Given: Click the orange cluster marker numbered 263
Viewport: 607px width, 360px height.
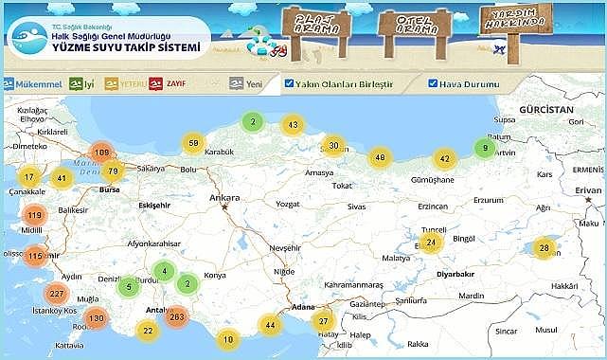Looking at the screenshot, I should pos(175,316).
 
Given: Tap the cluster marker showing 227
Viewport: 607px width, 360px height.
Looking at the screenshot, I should pos(57,294).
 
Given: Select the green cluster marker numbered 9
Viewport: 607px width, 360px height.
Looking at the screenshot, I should pos(485,148).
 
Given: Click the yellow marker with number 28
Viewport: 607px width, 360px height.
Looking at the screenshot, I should pos(544,249).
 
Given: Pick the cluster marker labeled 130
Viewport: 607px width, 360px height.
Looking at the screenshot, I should pos(95,319).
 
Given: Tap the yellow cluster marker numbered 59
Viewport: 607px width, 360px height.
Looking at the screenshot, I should pos(193,143).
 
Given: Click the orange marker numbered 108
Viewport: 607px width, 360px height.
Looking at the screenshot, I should pos(102,153).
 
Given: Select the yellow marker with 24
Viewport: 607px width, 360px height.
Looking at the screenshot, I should pos(432,242).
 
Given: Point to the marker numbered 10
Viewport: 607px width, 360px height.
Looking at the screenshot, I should pos(227,338).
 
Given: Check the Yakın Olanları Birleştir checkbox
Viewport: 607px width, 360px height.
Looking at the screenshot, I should pos(290,84).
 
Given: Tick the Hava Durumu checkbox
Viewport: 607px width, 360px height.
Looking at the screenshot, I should pos(433,84).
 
